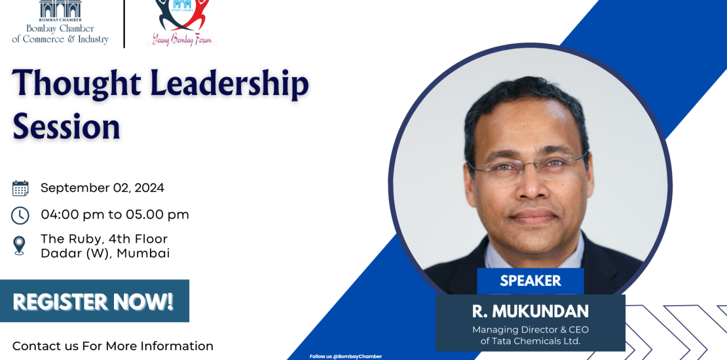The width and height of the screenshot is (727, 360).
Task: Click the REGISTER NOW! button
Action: pyautogui.click(x=94, y=300)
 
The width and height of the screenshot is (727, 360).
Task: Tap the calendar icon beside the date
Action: pyautogui.click(x=20, y=188)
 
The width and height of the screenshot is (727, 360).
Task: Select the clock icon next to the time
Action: pyautogui.click(x=20, y=215)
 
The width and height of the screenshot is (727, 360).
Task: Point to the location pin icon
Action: pyautogui.click(x=19, y=245)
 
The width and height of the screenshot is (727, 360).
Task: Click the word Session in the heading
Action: pyautogui.click(x=66, y=126)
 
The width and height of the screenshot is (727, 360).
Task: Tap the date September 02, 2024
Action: pyautogui.click(x=102, y=188)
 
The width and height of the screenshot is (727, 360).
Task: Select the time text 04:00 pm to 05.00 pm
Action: pyautogui.click(x=115, y=215)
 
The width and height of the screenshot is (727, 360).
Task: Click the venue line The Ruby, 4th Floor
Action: pyautogui.click(x=104, y=239)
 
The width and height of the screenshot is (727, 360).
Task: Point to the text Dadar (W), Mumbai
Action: pyautogui.click(x=105, y=253)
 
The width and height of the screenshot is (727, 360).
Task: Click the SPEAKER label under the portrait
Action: pyautogui.click(x=531, y=281)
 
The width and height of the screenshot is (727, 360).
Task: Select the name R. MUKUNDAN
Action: pyautogui.click(x=531, y=312)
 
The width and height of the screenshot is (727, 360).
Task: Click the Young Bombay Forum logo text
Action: pyautogui.click(x=182, y=39)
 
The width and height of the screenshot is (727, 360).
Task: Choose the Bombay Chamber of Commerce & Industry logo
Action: pyautogui.click(x=60, y=22)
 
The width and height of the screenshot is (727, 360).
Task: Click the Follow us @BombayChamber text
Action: pyautogui.click(x=346, y=356)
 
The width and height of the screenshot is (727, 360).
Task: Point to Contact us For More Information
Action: pyautogui.click(x=113, y=346)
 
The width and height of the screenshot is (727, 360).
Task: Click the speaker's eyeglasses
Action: pyautogui.click(x=529, y=168)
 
